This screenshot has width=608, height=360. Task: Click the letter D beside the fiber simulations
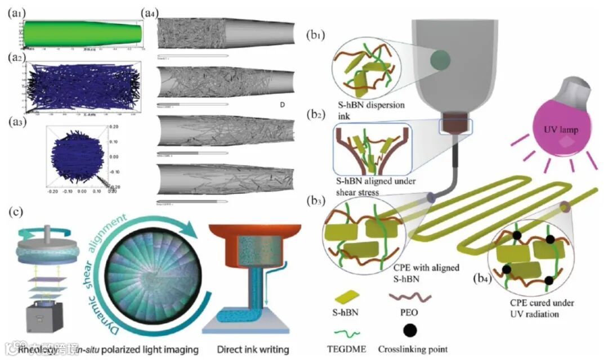pyautogui.click(x=282, y=105)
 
